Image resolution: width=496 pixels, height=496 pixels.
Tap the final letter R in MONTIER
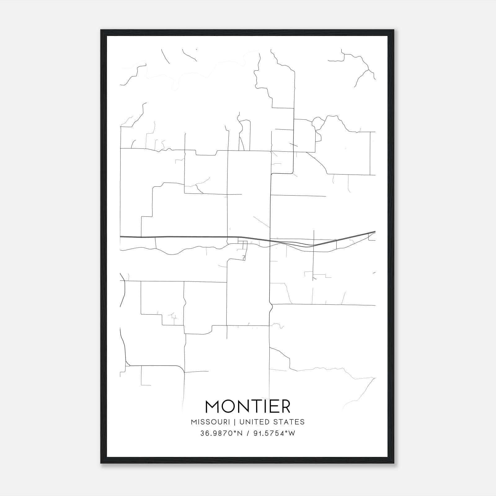[x=286, y=406]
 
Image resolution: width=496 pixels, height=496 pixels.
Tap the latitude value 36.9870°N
[x=221, y=433]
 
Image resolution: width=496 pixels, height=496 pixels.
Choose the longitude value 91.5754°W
[x=274, y=433]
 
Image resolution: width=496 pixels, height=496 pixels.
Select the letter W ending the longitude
[x=292, y=433]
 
